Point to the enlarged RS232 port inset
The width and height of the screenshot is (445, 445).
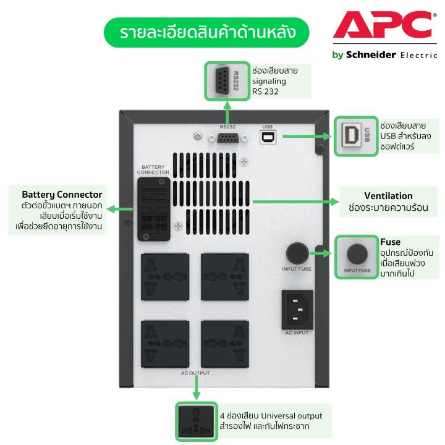click(x=227, y=81)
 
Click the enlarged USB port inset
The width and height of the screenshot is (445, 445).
click(x=355, y=136)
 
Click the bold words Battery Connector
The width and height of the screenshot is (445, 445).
click(x=62, y=194)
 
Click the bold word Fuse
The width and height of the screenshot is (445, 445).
click(x=390, y=241)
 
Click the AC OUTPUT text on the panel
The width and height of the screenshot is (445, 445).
click(x=195, y=373)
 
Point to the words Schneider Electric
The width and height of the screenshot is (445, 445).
click(x=383, y=54)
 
